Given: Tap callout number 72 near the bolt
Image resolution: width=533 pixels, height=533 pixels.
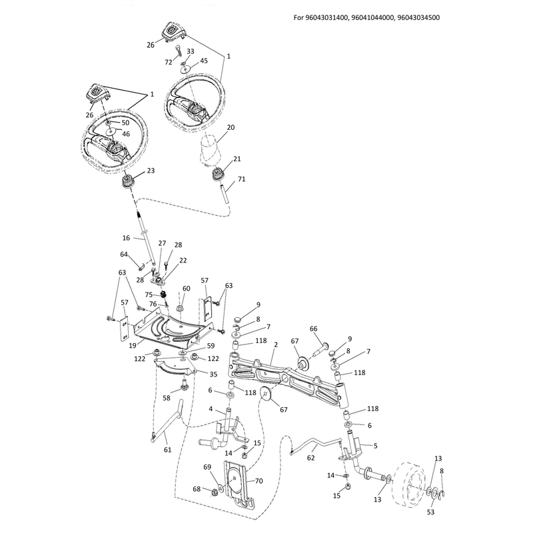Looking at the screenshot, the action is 169,62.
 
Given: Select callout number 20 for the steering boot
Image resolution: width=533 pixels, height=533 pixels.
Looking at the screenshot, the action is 231,127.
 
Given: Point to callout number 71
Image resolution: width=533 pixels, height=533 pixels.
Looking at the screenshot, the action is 241,179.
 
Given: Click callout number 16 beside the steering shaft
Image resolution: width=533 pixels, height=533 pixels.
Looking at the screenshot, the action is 126,238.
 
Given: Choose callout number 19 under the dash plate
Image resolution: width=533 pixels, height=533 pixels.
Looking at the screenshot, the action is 133,345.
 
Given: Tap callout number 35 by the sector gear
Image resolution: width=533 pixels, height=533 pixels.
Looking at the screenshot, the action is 213,374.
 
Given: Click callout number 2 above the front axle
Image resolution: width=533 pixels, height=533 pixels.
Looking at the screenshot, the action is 276,344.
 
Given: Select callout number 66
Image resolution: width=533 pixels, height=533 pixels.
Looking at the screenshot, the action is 313,328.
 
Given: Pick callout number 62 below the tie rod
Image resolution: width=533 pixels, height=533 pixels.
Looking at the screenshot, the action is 310,458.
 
